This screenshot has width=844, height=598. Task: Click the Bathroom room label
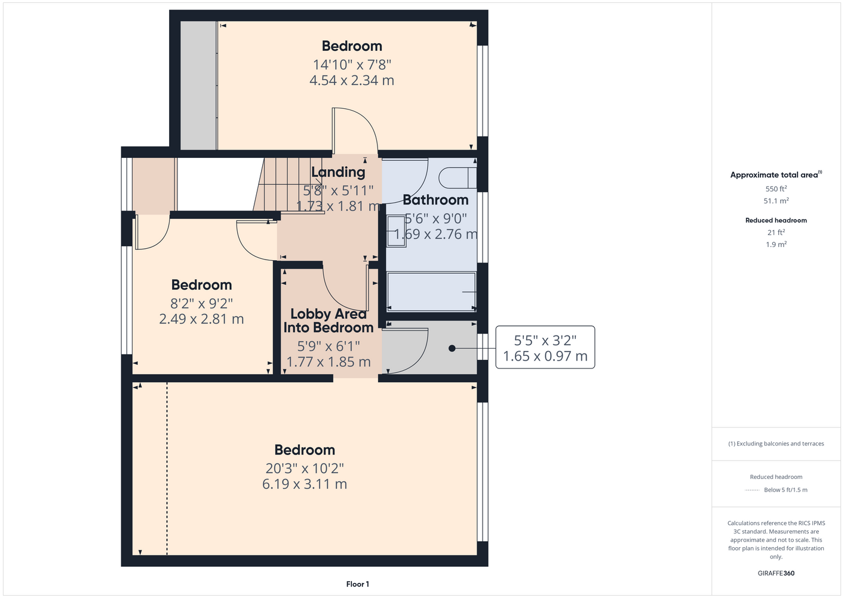click(435, 200)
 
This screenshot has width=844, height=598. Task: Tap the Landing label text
click(338, 172)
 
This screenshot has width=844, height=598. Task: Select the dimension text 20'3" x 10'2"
click(305, 468)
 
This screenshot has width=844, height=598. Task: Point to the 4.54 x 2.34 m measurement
click(352, 80)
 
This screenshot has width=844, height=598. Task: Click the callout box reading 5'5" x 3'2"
click(545, 347)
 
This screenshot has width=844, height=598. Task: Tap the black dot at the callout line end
click(452, 348)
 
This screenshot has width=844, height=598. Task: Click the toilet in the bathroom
click(458, 178)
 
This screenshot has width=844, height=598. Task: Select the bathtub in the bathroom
click(431, 292)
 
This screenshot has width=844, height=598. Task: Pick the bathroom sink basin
click(396, 231)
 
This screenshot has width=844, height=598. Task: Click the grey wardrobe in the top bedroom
click(198, 86)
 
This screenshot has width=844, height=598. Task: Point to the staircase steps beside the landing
click(289, 185)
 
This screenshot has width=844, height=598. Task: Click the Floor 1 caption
click(358, 584)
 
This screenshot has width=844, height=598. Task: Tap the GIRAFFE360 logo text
click(776, 573)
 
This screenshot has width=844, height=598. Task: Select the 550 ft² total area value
click(776, 188)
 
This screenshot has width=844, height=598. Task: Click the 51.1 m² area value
click(776, 201)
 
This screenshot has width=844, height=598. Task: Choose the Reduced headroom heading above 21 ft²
click(776, 220)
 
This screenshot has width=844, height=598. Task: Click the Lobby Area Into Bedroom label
click(328, 321)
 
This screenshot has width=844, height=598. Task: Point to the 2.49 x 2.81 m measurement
click(201, 319)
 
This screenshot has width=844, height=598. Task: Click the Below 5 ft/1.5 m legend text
click(785, 490)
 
